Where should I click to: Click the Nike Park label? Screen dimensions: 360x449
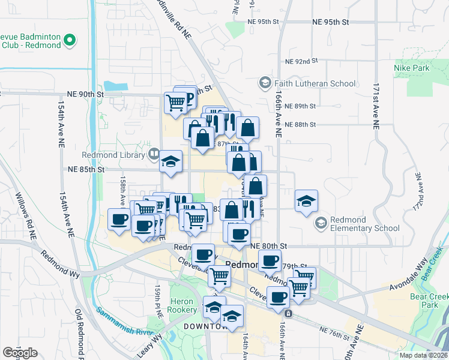click(x=412, y=68)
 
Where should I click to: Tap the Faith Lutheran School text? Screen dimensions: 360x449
click(x=315, y=83)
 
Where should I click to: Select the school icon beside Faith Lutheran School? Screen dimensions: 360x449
click(x=265, y=82)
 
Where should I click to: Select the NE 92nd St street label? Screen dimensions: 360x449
click(x=301, y=61)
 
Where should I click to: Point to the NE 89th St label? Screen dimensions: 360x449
click(x=301, y=106)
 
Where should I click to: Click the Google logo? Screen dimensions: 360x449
click(x=20, y=353)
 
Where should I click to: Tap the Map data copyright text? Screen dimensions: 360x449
click(x=424, y=355)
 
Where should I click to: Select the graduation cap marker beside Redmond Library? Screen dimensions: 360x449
click(x=171, y=161)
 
